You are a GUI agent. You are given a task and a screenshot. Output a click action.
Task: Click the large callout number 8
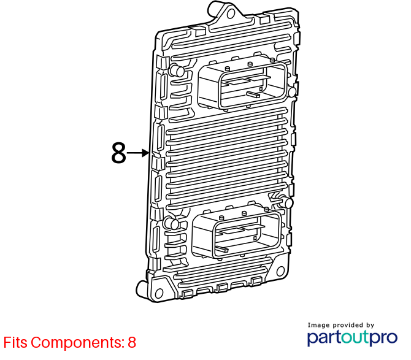point(119,153)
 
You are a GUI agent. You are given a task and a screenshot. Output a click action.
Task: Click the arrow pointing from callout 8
point(138,153)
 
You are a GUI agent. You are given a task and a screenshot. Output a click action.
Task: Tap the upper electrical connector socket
point(243,84)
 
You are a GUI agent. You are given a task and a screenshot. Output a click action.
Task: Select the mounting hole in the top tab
point(231,13)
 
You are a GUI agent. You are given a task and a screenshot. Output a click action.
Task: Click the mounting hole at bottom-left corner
point(159,293)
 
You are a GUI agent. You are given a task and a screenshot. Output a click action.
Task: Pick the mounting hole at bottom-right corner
point(280,271)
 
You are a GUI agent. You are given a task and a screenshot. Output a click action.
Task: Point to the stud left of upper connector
point(177,70)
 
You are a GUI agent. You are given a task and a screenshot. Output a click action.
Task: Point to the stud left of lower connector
point(171,223)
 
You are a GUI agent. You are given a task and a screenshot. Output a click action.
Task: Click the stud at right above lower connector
point(286,202)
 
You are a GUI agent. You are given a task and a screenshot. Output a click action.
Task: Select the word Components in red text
point(77,343)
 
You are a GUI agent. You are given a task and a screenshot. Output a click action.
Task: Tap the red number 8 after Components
point(132,342)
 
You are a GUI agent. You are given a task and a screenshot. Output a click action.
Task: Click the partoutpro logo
point(352,338)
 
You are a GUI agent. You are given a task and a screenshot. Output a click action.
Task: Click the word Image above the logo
point(318,326)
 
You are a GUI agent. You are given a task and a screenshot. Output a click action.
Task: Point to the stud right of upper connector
point(292,92)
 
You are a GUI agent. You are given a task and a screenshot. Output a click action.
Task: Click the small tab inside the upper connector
point(253,94)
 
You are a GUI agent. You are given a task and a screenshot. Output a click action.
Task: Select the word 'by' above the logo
point(370,326)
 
